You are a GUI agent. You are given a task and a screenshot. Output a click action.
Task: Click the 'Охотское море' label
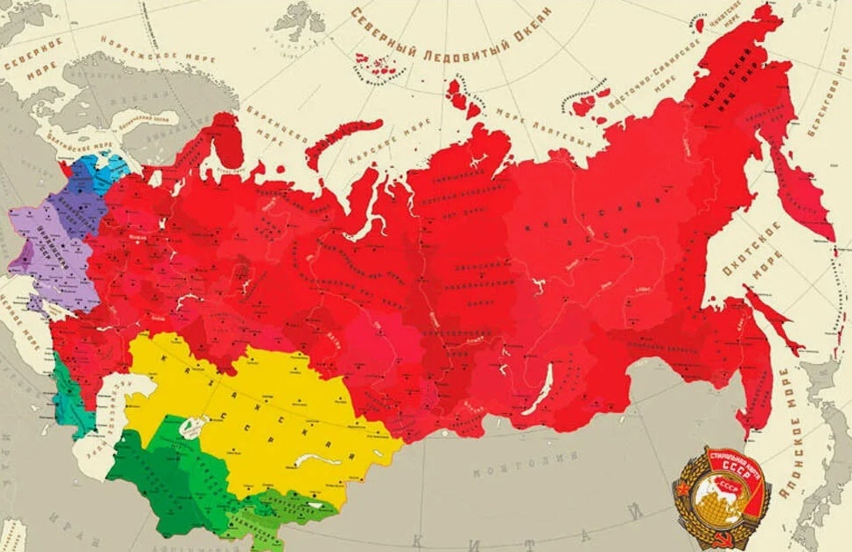point(743,250)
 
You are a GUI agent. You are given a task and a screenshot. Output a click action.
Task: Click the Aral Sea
point(190,428)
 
